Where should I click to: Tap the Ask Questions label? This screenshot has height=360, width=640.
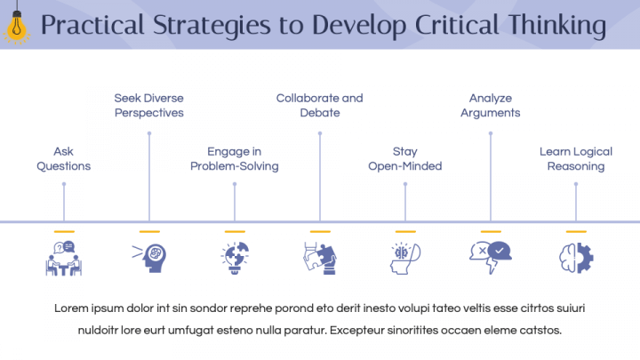tap(63, 159)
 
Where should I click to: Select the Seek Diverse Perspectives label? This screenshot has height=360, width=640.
tap(148, 106)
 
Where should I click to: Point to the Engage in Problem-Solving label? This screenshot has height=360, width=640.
tap(234, 159)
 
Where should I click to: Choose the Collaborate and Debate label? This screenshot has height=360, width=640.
tap(319, 106)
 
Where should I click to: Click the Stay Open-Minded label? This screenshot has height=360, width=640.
tap(404, 159)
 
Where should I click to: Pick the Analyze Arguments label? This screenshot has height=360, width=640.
tap(490, 106)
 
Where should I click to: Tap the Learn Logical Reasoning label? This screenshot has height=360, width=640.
tap(575, 159)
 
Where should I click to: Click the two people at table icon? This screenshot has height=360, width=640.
tap(63, 259)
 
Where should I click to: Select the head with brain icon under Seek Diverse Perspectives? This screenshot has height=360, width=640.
tap(148, 259)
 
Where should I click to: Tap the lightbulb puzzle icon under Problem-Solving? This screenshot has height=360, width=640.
tap(234, 259)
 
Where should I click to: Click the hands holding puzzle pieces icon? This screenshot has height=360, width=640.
tap(319, 259)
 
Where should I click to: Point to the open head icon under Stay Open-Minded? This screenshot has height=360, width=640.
tap(404, 259)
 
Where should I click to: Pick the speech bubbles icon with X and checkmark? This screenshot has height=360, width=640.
tap(490, 256)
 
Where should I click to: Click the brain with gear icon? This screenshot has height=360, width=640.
tap(575, 259)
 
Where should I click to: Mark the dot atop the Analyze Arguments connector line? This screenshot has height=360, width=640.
tap(490, 133)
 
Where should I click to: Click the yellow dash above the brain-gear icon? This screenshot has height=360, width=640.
tap(576, 231)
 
